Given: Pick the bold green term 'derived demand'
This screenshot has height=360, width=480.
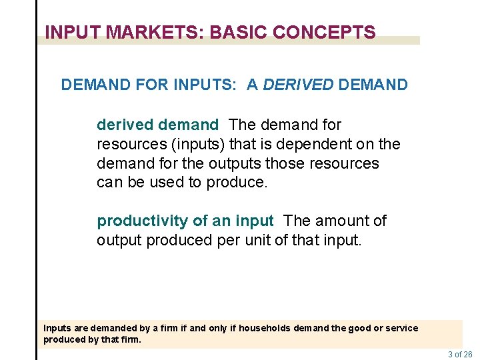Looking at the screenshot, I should pos(157,125).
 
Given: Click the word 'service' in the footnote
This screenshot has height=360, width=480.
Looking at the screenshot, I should pos(401,328).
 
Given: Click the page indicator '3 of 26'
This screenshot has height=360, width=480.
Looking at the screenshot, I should pos(460,355).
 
